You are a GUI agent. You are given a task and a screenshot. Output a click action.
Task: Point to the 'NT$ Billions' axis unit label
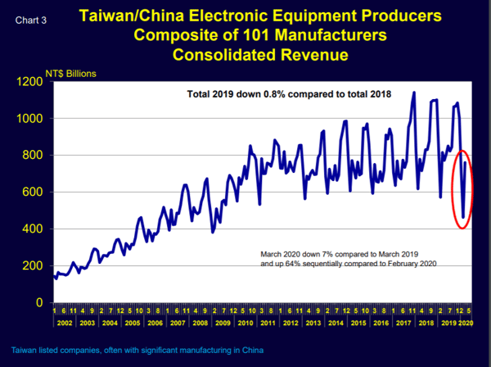coord(71,74)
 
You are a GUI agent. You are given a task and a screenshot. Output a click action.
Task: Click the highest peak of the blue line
coord(414,93)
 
